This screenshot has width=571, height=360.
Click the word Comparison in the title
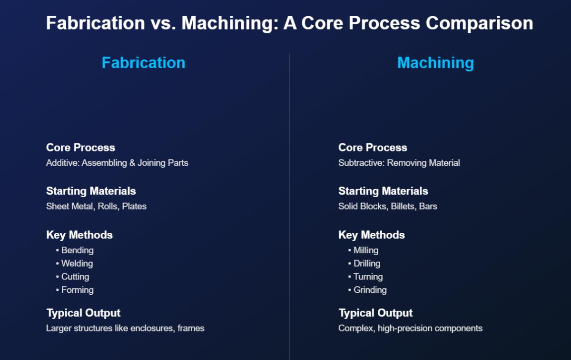point(480,23)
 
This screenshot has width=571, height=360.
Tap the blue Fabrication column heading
point(144,63)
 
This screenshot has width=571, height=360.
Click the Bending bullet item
point(77,250)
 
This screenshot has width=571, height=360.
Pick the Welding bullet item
point(77,263)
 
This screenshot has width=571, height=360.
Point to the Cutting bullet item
point(75,277)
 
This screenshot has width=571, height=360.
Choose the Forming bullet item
point(77,290)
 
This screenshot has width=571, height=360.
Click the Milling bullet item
point(366,250)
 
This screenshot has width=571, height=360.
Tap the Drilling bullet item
point(367,263)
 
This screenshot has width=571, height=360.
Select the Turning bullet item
point(368,277)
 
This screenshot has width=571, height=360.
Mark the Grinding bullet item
point(370,290)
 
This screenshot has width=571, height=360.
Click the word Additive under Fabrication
point(63,163)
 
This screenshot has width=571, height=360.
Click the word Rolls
point(108,206)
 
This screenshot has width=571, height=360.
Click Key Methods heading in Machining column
point(372,235)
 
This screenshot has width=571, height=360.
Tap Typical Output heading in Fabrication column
point(83,313)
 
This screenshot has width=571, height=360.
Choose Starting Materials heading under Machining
point(383,191)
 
